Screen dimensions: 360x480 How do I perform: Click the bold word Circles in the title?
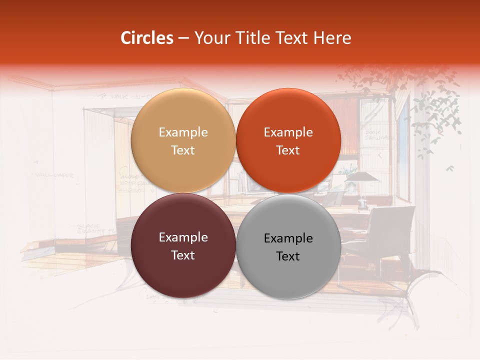pyautogui.click(x=147, y=38)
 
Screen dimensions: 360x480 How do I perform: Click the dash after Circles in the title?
pyautogui.click(x=183, y=38)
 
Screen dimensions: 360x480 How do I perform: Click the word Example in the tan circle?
pyautogui.click(x=183, y=132)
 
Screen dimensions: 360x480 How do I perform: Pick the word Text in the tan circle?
pyautogui.click(x=183, y=150)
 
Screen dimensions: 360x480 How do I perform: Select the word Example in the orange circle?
pyautogui.click(x=288, y=132)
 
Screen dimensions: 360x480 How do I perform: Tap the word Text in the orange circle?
pyautogui.click(x=288, y=150)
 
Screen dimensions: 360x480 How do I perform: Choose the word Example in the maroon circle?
pyautogui.click(x=183, y=237)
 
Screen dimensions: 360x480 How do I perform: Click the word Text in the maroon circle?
pyautogui.click(x=183, y=255)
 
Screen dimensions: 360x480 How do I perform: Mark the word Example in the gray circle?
pyautogui.click(x=288, y=238)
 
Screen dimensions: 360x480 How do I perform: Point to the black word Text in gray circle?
pyautogui.click(x=288, y=256)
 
